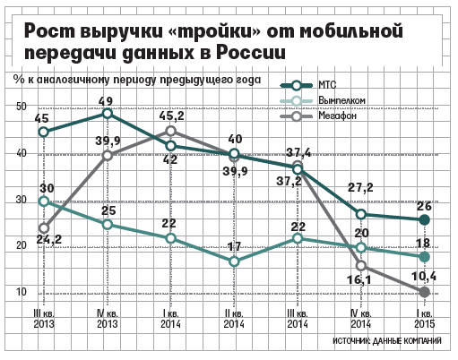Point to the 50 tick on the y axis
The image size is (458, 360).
(x=21, y=107)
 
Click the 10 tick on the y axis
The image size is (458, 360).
(x=21, y=292)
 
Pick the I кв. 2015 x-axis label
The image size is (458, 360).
(x=424, y=319)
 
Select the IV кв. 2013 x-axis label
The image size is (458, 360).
(x=108, y=319)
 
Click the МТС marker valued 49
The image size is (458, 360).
(x=107, y=114)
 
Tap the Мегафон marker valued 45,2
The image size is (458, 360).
(x=170, y=131)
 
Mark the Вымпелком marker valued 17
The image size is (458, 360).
(x=235, y=261)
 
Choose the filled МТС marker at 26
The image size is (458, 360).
(x=425, y=220)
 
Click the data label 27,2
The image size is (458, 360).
(x=360, y=187)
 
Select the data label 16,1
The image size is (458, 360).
(x=359, y=280)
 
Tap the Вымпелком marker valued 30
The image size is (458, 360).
(x=44, y=201)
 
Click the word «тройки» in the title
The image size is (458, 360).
(x=217, y=31)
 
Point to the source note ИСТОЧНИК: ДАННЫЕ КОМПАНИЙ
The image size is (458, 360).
(x=387, y=340)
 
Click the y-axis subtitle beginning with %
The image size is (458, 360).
(x=137, y=80)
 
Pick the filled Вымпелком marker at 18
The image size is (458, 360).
(x=425, y=257)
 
